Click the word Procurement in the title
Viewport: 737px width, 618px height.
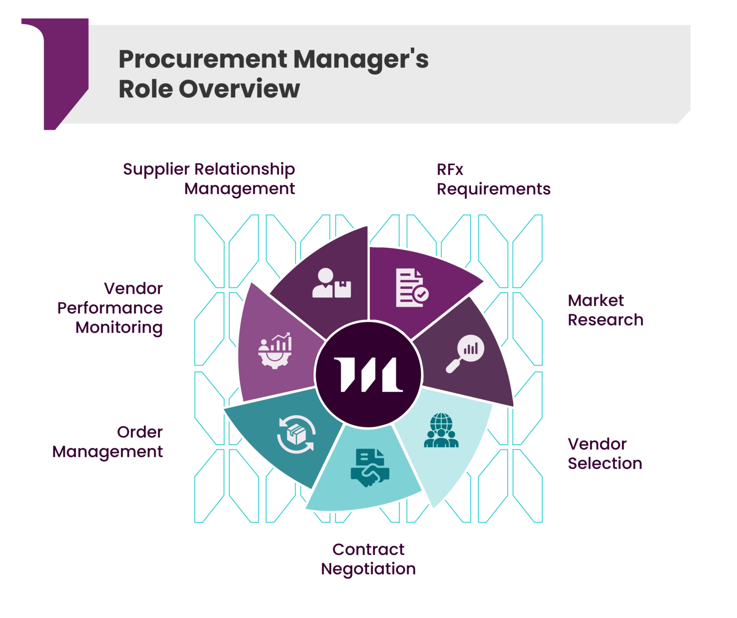pyautogui.click(x=202, y=59)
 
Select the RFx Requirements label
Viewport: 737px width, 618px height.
pyautogui.click(x=493, y=179)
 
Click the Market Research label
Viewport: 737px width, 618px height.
pyautogui.click(x=605, y=310)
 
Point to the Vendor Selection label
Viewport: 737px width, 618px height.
pyautogui.click(x=605, y=454)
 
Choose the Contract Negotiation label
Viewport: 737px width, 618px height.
pyautogui.click(x=368, y=559)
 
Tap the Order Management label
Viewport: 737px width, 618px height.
pyautogui.click(x=108, y=442)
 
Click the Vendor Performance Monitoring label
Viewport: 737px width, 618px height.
pyautogui.click(x=110, y=308)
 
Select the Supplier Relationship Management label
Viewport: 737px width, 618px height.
pyautogui.click(x=209, y=179)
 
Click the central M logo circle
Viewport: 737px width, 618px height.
pyautogui.click(x=368, y=375)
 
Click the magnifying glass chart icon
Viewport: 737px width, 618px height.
pyautogui.click(x=465, y=353)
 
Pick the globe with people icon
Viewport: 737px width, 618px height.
pyautogui.click(x=441, y=431)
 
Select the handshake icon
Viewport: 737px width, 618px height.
pyautogui.click(x=369, y=468)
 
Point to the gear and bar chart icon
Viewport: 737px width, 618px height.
pyautogui.click(x=275, y=350)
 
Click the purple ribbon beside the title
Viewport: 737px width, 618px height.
pyautogui.click(x=65, y=72)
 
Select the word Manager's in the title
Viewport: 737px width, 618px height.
pyautogui.click(x=361, y=59)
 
